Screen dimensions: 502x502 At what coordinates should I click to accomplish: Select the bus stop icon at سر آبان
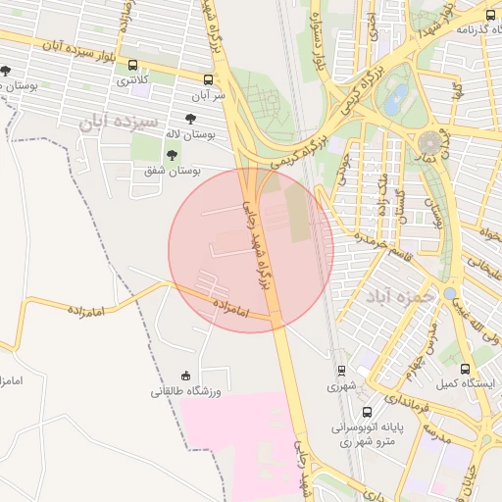click(x=207, y=79)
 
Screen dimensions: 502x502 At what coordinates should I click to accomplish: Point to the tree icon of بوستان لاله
click(x=189, y=118)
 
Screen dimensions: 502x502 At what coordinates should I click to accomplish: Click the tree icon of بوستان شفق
click(x=173, y=154)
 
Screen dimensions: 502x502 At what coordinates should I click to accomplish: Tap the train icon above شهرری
click(x=340, y=370)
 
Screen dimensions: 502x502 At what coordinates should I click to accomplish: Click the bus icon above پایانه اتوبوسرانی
click(x=366, y=412)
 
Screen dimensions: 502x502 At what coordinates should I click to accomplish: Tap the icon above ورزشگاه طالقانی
click(x=185, y=375)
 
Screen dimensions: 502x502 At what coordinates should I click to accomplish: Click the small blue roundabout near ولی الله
click(x=449, y=293)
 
